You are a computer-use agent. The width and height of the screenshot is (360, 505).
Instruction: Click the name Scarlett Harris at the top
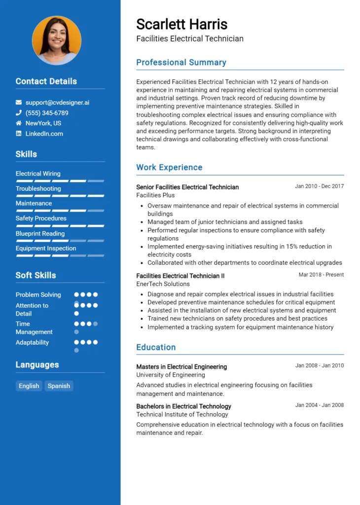coord(181,24)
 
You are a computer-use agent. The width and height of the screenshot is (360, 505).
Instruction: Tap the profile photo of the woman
coord(57,40)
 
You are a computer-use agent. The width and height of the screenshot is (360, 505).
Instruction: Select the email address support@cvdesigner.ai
coord(57,103)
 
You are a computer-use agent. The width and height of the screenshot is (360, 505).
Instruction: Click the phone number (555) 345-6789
coord(47,113)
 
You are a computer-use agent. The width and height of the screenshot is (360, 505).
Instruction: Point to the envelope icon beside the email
coord(19,103)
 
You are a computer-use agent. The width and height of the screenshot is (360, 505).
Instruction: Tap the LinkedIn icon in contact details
coord(19,134)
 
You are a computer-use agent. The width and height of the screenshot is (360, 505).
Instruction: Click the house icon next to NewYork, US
coord(19,123)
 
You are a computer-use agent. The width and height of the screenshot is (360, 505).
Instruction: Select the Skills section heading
coord(26,154)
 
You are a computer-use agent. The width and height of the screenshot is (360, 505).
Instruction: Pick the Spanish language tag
coord(59,386)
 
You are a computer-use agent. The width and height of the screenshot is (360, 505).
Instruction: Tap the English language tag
coord(29,386)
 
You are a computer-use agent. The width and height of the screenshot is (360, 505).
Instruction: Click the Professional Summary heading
coord(181,63)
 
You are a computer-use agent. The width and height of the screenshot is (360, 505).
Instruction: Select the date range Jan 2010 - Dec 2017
coord(319,186)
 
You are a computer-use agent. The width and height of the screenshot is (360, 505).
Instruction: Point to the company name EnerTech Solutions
coord(163,284)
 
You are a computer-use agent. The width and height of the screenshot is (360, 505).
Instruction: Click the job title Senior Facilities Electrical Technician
coord(187,187)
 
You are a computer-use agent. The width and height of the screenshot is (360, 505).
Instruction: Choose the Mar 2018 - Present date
coord(321,275)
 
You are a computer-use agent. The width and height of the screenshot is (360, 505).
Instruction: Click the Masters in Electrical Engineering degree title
coord(181,367)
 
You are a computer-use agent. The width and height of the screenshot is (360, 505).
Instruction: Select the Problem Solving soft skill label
coord(38,295)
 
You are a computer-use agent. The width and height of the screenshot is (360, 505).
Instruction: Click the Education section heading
coord(156,347)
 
